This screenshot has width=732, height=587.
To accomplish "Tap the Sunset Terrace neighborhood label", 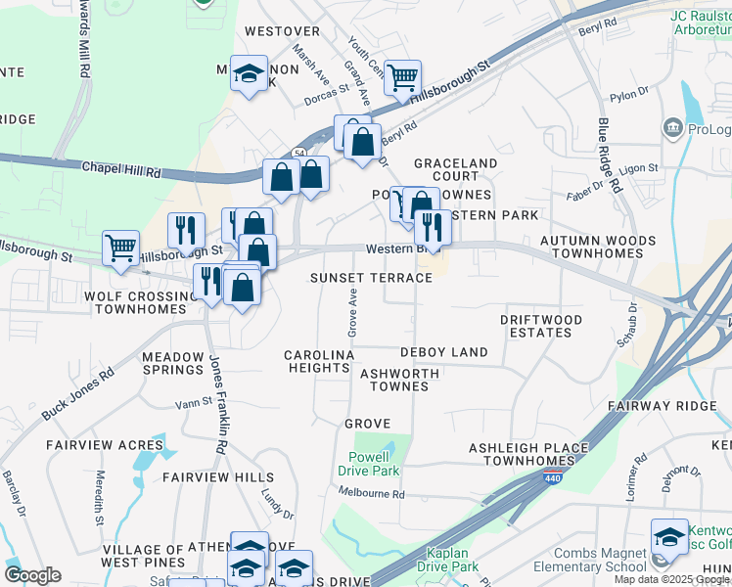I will [371, 278].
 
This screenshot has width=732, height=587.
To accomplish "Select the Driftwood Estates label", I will [541, 326].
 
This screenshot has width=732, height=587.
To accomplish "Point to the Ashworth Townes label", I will [394, 380].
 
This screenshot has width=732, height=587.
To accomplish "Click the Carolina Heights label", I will [318, 361].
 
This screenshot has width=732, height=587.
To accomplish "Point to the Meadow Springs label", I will [172, 363].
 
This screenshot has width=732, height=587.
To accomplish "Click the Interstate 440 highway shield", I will [552, 478].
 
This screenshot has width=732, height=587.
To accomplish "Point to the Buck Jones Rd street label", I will [77, 394].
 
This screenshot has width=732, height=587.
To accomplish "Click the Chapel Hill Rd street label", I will [121, 170].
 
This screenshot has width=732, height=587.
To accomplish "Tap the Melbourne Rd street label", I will [371, 494].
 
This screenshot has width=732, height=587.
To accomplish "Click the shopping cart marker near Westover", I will [402, 77].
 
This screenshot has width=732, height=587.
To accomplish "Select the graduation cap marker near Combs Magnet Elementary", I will [669, 536].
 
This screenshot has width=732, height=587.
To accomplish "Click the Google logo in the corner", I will [32, 575].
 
